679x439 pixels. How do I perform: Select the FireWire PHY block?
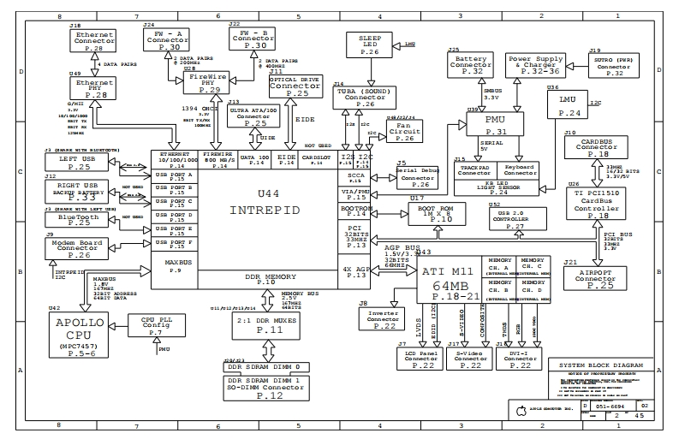[x=210, y=83]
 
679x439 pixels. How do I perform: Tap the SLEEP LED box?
[x=370, y=45]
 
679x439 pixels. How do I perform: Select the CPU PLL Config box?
[x=155, y=325]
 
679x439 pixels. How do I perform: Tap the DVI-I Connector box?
[x=525, y=359]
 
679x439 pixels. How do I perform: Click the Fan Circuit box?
[x=405, y=132]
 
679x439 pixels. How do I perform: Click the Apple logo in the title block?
[x=519, y=408]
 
